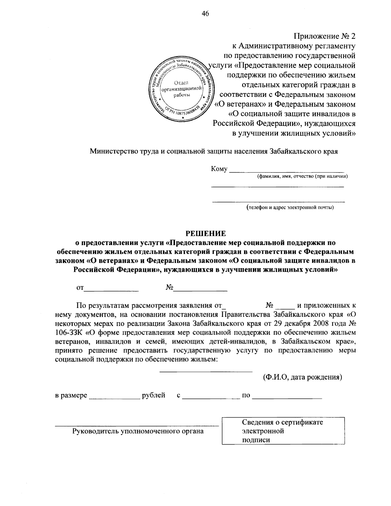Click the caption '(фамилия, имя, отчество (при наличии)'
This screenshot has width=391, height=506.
pos(302,176)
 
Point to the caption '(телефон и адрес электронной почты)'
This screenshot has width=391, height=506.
pos(290,207)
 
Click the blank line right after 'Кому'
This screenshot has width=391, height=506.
pos(287,170)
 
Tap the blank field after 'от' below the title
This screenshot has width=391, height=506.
pos(111,289)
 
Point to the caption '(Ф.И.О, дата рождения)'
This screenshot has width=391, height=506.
pos(302,377)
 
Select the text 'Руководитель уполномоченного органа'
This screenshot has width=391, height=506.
pos(138,431)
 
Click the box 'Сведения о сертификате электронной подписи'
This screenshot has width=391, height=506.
pos(283,431)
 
